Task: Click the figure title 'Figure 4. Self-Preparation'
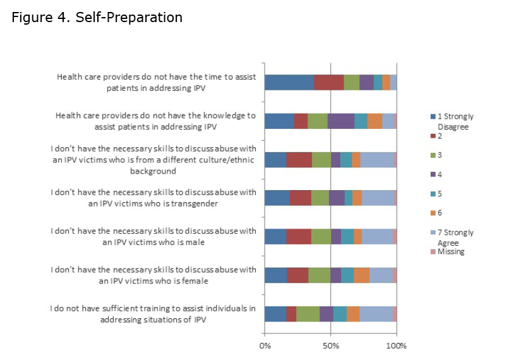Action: tap(97, 18)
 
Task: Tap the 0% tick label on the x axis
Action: tap(265, 345)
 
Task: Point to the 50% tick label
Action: tap(331, 345)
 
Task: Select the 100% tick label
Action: tap(396, 345)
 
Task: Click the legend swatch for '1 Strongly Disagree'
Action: tap(433, 117)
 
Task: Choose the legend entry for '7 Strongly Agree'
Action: tap(454, 237)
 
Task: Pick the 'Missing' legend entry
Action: tap(450, 252)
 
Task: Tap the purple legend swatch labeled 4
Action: tap(433, 174)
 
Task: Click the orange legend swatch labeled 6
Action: tap(433, 213)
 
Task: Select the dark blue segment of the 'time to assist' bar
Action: tap(289, 83)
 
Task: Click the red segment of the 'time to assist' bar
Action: tap(328, 83)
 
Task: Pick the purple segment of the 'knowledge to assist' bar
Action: tap(341, 121)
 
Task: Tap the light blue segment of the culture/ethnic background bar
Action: tap(377, 160)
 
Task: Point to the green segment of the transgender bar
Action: tap(320, 198)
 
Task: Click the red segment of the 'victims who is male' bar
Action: tap(299, 236)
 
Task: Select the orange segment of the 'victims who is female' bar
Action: tap(361, 275)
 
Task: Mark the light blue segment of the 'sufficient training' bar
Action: tap(376, 314)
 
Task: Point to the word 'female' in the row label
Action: tap(196, 281)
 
